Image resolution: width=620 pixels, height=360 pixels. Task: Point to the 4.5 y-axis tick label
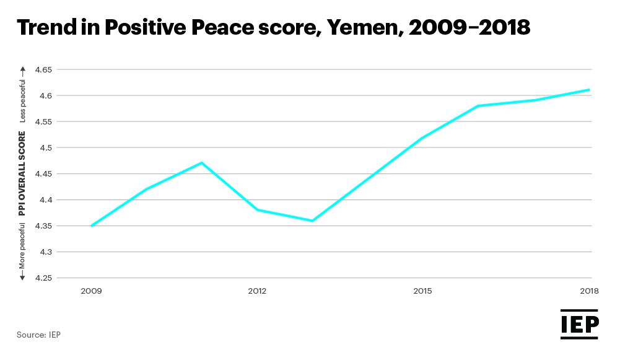pos(47,147)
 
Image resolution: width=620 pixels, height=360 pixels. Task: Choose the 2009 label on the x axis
pos(91,291)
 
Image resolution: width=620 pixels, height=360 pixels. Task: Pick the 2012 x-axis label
pos(257,291)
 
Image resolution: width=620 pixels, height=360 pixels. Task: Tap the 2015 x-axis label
pos(422,291)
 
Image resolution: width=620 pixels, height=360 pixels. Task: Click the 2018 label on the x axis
pos(588,291)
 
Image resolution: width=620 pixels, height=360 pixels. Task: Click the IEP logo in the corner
pos(579,324)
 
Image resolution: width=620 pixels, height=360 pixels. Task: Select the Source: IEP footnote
pos(38,335)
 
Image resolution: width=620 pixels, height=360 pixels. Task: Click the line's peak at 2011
pos(202,163)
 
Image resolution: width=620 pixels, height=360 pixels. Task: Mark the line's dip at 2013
pos(312,221)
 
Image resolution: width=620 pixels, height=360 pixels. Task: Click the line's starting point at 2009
pos(92,226)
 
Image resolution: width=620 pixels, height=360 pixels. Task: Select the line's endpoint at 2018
pos(588,90)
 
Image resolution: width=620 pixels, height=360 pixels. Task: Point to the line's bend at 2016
pos(478,106)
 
